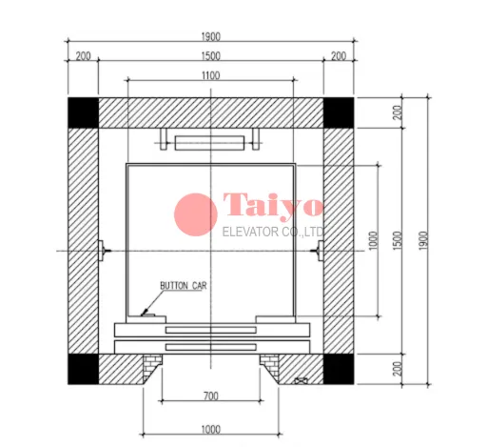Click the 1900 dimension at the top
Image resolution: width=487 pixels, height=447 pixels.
point(210,37)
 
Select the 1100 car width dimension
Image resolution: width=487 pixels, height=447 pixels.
point(210,75)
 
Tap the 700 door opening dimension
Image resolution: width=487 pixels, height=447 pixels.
point(211,396)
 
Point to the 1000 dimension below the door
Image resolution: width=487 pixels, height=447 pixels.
point(211,430)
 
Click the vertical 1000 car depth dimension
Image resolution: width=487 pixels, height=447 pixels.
point(374,240)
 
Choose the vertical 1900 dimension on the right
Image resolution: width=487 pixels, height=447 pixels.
point(423,240)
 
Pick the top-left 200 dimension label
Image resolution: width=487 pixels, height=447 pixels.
point(83,56)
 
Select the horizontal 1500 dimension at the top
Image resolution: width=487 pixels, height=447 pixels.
point(210,56)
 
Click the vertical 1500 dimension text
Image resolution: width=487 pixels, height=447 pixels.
point(398,240)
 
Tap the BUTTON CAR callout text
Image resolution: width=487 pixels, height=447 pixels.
point(184,286)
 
